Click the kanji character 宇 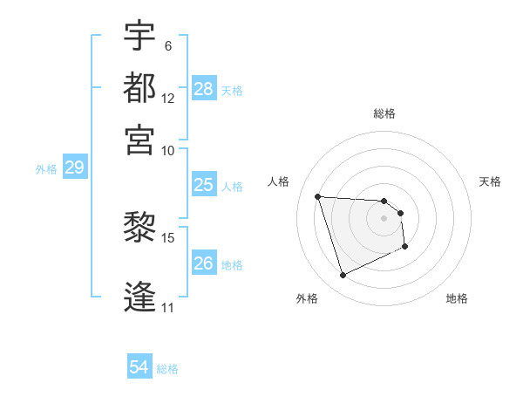tap(139, 37)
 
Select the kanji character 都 tap(139, 87)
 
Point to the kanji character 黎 tap(139, 229)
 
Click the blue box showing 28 tap(204, 89)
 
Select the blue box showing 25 tap(204, 185)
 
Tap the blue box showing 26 tap(204, 263)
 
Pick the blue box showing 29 tap(74, 167)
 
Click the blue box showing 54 tap(139, 368)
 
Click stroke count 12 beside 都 tap(168, 98)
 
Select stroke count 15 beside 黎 tap(168, 237)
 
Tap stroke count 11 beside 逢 tap(167, 307)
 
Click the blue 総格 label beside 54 tap(167, 369)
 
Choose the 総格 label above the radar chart tap(384, 113)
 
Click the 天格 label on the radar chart tap(490, 181)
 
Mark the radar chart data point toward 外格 tap(343, 276)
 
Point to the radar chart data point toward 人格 tap(318, 196)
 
